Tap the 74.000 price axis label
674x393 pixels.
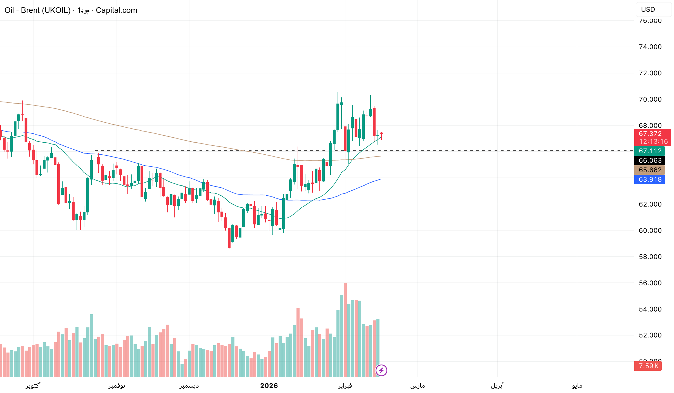point(650,47)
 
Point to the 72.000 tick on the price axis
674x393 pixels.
point(650,73)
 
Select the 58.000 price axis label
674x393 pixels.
point(650,257)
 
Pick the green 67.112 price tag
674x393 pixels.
point(650,151)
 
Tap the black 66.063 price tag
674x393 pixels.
point(650,160)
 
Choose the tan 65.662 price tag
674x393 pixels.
point(650,170)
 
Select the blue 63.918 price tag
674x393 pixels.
point(650,179)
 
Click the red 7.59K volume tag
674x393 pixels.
point(648,366)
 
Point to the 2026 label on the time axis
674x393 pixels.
point(269,386)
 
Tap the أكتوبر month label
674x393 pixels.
point(33,386)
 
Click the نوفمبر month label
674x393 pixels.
point(117,386)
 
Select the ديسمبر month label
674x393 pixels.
point(189,386)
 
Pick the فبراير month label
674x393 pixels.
point(345,386)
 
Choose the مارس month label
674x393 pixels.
point(417,386)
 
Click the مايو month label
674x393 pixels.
point(577,386)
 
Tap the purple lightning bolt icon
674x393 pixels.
point(381,370)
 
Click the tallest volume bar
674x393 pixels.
point(345,329)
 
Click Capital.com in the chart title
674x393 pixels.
point(117,10)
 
